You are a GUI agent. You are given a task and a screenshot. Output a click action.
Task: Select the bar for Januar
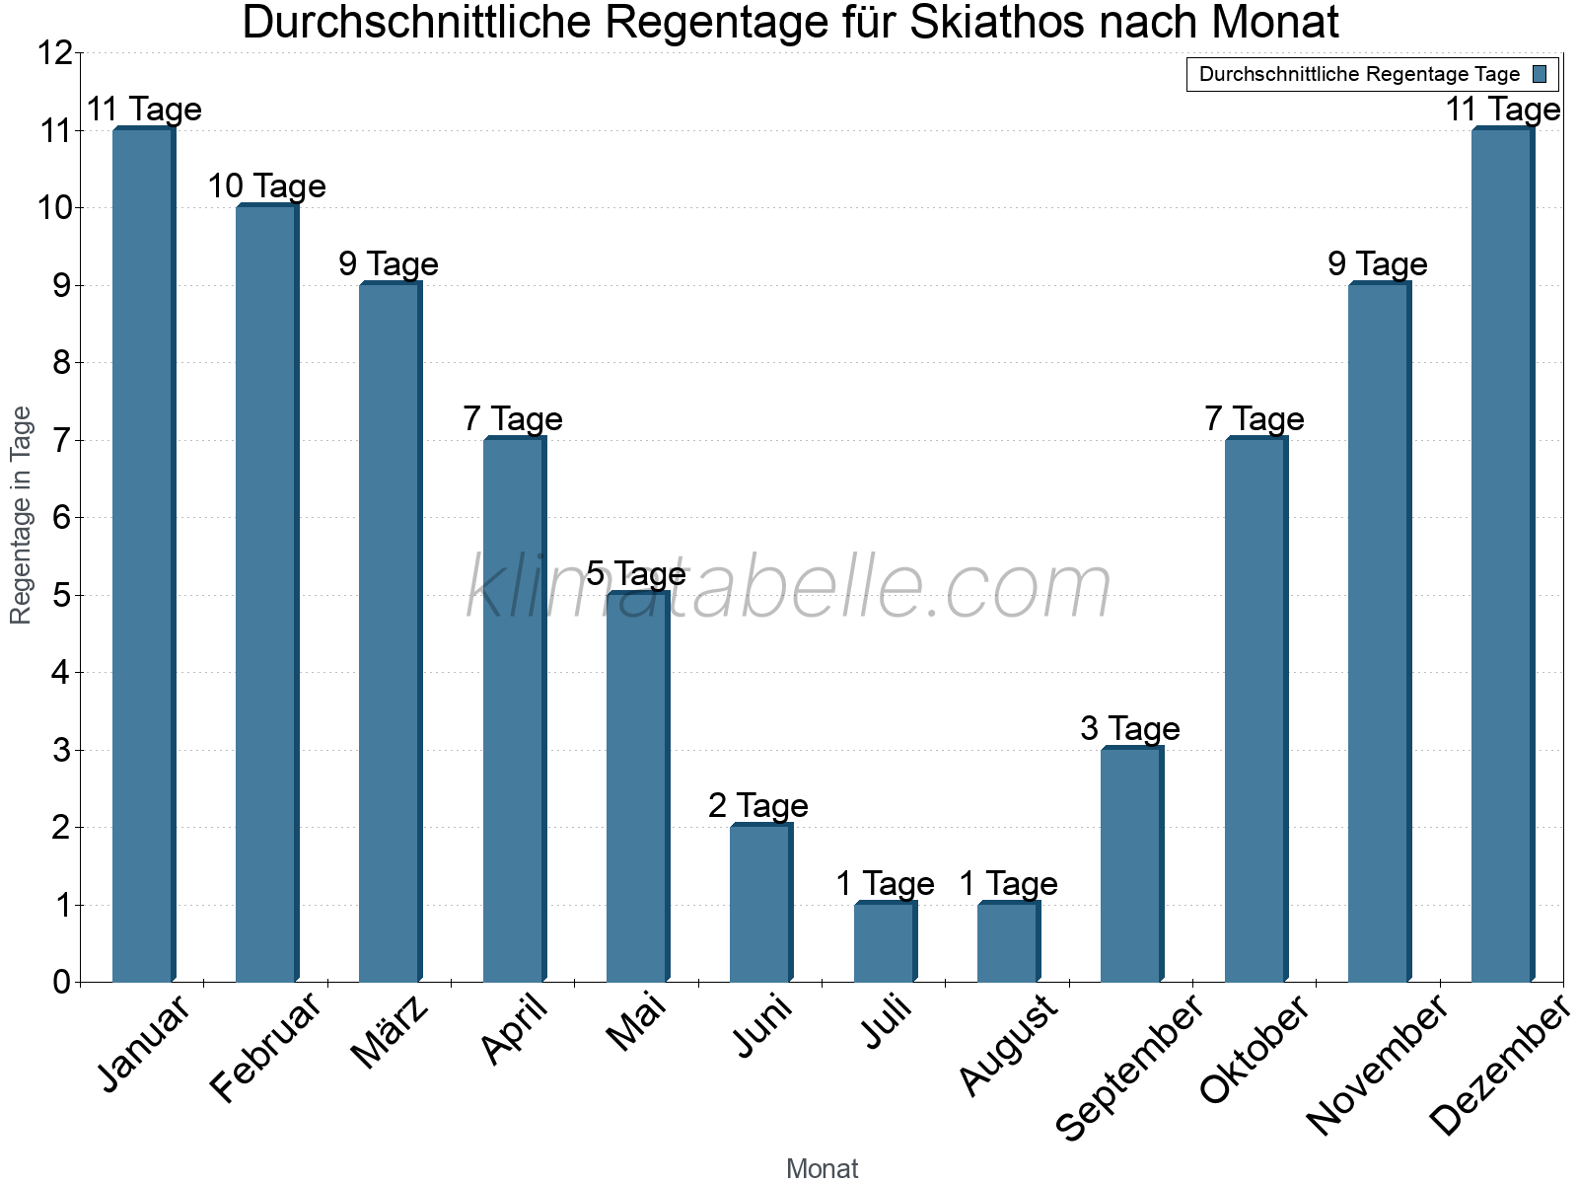click(143, 555)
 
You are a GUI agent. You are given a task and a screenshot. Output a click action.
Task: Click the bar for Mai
click(637, 786)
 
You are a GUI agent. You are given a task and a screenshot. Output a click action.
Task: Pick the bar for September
click(1131, 864)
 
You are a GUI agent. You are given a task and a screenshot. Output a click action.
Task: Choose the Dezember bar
click(1502, 555)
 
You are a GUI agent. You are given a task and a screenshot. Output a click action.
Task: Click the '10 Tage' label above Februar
click(266, 185)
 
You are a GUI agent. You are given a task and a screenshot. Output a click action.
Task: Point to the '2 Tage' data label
click(758, 805)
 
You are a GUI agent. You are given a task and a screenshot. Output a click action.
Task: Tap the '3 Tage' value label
click(1130, 728)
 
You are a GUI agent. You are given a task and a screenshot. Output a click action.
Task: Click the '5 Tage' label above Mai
click(636, 573)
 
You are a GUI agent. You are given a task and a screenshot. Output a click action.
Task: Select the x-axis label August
click(1009, 1044)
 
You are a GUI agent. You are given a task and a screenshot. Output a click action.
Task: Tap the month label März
click(392, 1031)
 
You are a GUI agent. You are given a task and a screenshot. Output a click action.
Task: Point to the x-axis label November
click(1378, 1064)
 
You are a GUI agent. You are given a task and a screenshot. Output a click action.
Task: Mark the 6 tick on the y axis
click(61, 518)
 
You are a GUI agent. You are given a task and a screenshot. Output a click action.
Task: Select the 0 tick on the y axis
click(61, 983)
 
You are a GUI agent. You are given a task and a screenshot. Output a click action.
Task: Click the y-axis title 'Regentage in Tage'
click(21, 515)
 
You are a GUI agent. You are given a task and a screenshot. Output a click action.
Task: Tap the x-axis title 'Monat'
click(823, 1168)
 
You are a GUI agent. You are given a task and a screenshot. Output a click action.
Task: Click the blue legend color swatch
click(1541, 74)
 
